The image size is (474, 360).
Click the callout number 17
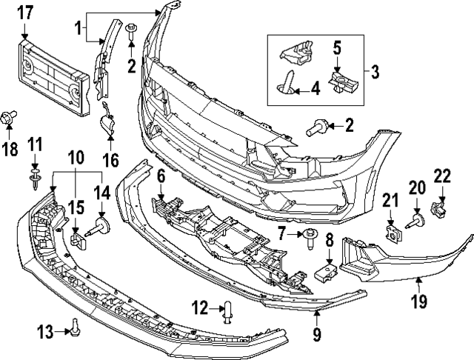point(25,12)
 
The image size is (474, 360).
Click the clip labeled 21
point(392,230)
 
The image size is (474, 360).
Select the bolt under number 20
point(416,219)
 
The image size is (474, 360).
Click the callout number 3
point(375,72)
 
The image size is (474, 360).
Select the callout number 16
point(110,159)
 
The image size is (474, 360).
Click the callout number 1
point(79,31)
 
